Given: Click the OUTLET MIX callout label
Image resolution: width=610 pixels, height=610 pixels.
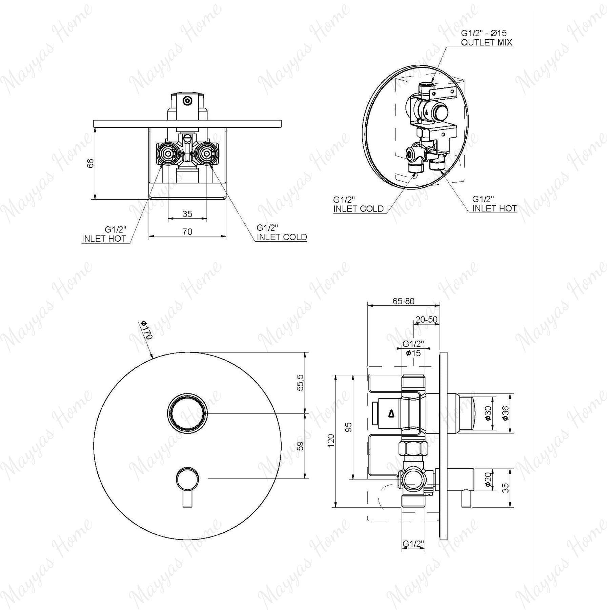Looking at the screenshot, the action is [486, 42].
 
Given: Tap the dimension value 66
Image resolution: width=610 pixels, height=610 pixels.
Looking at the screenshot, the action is [90, 163].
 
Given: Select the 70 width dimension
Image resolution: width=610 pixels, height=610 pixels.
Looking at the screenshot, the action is [187, 231].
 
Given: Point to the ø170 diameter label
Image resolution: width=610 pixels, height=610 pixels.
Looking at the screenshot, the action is [147, 330].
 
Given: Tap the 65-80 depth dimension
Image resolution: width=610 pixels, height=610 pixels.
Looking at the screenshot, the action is [403, 301].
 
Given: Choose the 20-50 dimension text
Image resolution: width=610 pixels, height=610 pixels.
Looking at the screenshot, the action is [426, 319].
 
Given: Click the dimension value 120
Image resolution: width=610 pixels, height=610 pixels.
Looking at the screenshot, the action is [331, 440].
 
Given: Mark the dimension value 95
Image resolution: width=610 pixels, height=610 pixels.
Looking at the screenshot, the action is [349, 427].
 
